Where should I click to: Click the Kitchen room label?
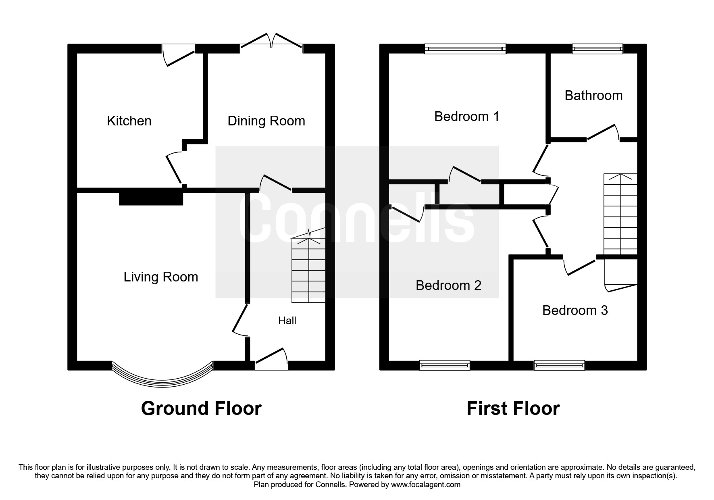[x=129, y=121]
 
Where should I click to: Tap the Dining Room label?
[x=266, y=121]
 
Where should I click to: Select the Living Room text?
[x=160, y=277]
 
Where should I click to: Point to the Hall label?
[x=287, y=321]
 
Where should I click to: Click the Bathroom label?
[x=593, y=96]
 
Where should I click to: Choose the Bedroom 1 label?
[x=466, y=117]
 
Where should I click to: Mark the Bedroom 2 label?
[x=448, y=285]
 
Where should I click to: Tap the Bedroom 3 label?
[x=575, y=310]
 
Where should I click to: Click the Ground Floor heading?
[x=201, y=408]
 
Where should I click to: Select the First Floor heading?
[x=513, y=408]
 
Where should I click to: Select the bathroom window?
[x=597, y=49]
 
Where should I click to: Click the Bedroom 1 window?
[x=465, y=49]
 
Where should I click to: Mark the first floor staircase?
[x=620, y=214]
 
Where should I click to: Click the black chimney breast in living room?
[x=151, y=198]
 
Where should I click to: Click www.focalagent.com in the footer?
[x=425, y=485]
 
